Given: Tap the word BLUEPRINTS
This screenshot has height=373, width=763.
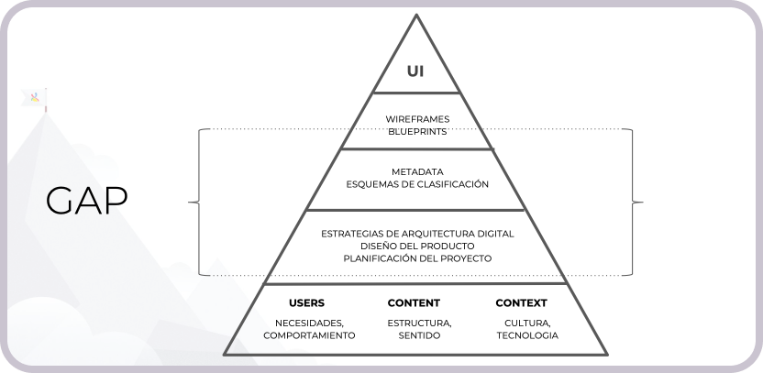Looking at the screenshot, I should click(417, 131).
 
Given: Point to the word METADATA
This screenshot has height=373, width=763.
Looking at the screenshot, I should click(417, 171).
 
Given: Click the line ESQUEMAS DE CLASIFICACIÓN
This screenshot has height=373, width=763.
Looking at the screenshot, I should click(417, 184).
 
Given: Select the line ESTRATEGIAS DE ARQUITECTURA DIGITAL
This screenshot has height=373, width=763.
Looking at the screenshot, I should click(417, 234).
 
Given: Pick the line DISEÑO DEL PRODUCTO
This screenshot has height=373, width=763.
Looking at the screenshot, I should click(417, 246).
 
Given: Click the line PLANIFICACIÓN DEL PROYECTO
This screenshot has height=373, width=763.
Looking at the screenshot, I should click(417, 258).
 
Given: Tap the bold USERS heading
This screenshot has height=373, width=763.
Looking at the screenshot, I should click(306, 302).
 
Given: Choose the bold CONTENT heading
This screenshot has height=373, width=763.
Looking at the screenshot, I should click(414, 302).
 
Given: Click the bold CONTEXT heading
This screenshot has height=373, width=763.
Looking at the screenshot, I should click(521, 302).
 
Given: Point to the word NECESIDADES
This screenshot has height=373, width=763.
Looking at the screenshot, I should click(309, 324).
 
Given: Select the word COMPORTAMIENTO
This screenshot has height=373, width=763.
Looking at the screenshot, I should click(309, 336).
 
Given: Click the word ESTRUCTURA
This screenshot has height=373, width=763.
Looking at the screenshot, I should click(419, 324).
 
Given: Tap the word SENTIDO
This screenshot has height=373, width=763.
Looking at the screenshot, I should click(419, 336).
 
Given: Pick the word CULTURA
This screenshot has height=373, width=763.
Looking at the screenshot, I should click(527, 324).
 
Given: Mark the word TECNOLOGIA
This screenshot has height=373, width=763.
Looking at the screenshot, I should click(527, 336).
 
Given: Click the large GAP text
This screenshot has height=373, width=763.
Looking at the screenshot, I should click(87, 201).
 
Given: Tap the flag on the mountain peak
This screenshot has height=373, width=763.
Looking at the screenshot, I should click(37, 99).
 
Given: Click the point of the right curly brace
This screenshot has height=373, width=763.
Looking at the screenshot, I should click(641, 201).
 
